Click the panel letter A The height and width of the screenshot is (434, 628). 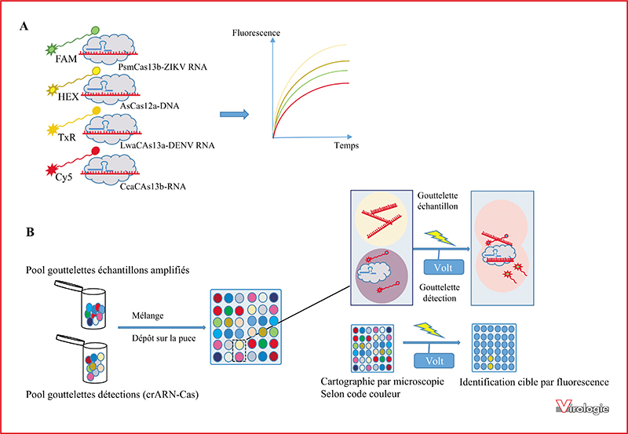[24, 27]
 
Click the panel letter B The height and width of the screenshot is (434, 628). [30, 232]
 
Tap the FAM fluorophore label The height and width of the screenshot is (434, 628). [66, 60]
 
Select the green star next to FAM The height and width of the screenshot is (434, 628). [51, 49]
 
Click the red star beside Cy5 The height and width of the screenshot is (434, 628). [51, 170]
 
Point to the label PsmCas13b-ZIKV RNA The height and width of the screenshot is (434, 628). [162, 67]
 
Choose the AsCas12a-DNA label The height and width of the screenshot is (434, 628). [149, 106]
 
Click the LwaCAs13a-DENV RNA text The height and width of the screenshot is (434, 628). [167, 145]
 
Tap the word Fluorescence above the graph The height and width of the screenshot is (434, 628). [256, 33]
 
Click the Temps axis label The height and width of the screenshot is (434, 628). [346, 145]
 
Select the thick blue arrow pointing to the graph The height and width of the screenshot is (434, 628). [234, 115]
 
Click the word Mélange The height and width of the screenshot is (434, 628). [148, 315]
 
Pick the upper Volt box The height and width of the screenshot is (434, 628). [444, 267]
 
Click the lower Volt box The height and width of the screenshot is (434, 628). [435, 361]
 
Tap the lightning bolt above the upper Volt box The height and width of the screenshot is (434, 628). [440, 238]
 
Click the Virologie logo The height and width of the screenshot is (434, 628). [583, 407]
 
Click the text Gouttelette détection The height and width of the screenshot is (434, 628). [440, 293]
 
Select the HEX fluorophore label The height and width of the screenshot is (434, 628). [68, 97]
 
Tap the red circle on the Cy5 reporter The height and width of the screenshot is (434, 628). [96, 151]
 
